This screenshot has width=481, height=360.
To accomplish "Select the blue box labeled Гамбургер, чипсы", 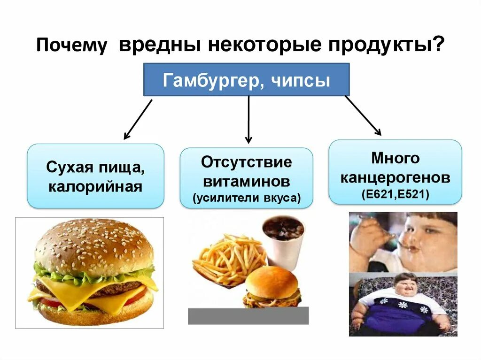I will (246, 80).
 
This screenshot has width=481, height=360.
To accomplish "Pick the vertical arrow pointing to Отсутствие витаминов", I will (248, 119).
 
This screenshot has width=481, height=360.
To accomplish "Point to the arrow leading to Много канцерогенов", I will (363, 115).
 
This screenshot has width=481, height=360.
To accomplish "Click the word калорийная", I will (95, 187).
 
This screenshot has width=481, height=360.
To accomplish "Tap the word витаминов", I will (246, 181).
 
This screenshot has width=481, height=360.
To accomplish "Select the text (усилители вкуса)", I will (246, 198).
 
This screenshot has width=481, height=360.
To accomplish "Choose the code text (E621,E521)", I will (395, 194).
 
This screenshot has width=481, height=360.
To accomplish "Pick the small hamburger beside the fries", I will (272, 287).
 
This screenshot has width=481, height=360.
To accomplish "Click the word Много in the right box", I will (395, 158).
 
